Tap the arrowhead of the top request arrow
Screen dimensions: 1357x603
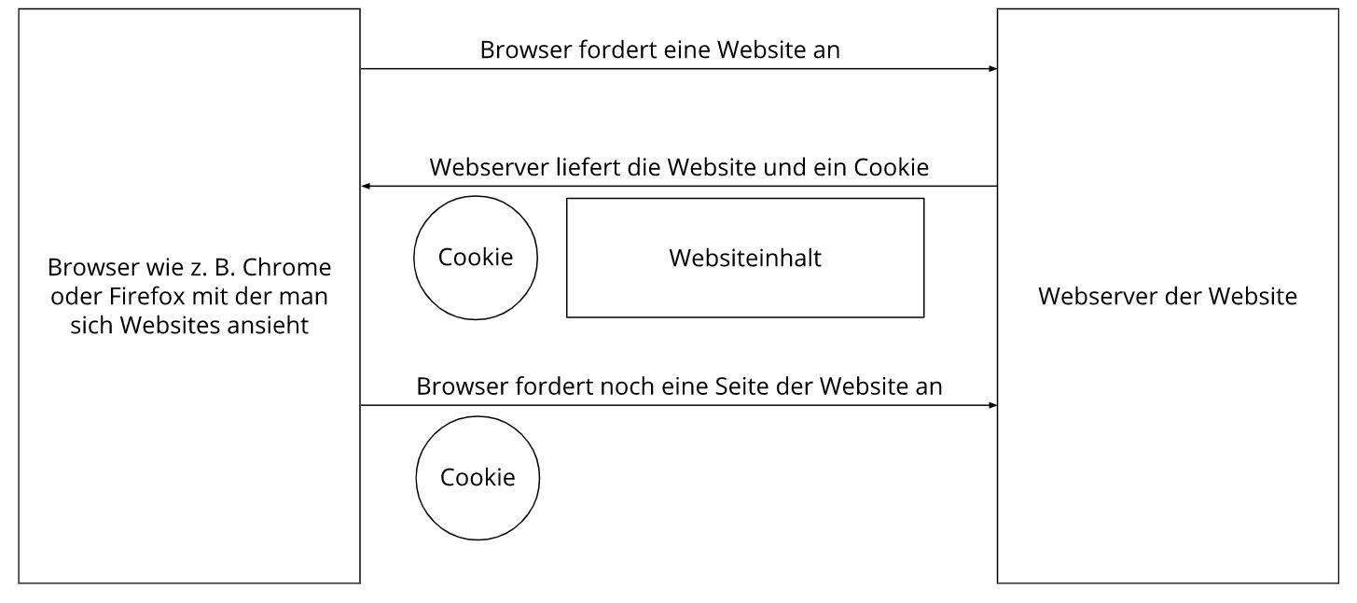(x=993, y=68)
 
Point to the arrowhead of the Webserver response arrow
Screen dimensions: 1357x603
(x=366, y=186)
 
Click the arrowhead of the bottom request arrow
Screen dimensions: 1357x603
(x=993, y=405)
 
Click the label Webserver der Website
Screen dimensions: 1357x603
(x=1168, y=296)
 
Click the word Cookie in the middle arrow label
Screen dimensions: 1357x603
(x=891, y=167)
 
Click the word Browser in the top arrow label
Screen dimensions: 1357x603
(x=526, y=49)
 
